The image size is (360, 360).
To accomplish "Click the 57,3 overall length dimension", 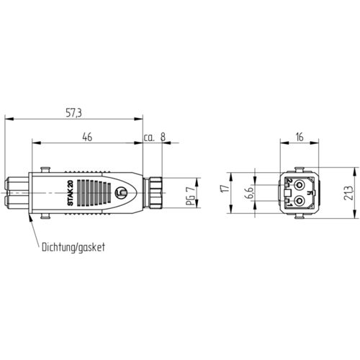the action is (73, 112).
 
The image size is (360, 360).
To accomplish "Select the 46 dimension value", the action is (87, 137).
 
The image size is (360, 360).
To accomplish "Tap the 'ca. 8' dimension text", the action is (155, 137).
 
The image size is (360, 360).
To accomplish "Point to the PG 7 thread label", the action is (191, 196).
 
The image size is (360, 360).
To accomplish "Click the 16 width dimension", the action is (300, 137).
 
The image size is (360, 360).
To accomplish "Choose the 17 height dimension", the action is (225, 189).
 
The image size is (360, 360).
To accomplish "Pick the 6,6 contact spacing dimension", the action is (249, 193).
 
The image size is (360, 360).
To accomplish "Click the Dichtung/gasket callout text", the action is (73, 248).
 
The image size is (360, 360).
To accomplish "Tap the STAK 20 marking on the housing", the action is (71, 193).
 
